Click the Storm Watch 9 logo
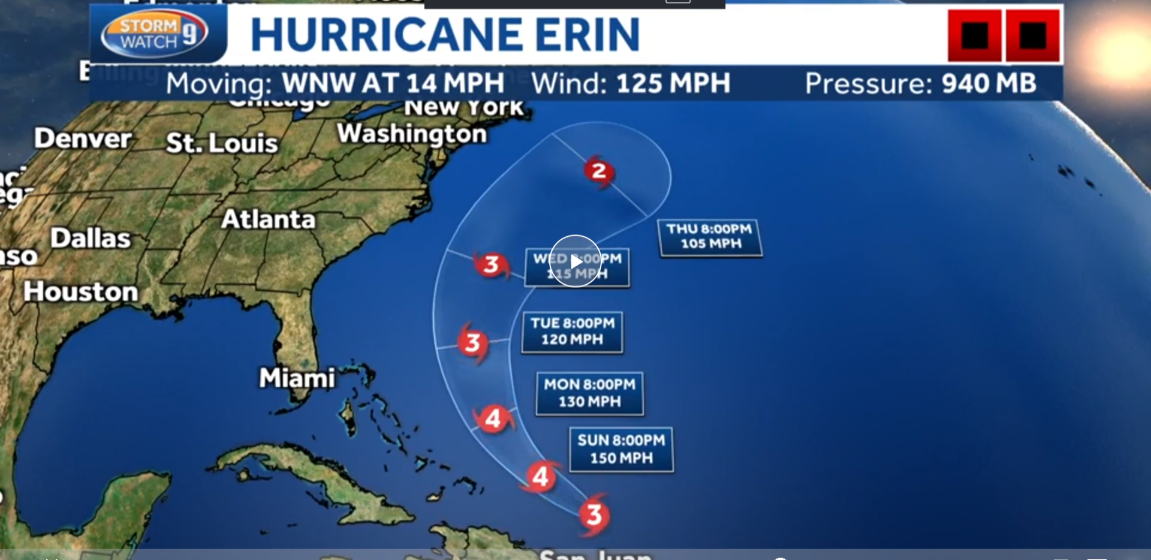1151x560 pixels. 155,34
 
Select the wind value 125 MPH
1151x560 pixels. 673,83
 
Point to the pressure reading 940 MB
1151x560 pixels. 989,83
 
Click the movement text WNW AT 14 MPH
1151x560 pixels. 393,83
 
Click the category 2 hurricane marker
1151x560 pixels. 598,171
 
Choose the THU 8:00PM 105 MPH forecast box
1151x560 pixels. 710,237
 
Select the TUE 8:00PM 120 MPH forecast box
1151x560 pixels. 572,332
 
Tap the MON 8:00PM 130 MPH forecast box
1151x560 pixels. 589,393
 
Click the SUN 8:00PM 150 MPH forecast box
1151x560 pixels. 621,449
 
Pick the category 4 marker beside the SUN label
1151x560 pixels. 541,477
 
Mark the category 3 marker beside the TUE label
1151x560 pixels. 473,343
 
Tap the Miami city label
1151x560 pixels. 297,378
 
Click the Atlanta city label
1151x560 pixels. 268,219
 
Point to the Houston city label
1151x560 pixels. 81,292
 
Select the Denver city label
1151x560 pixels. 83,139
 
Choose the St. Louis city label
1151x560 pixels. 222,143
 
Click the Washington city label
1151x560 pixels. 412,134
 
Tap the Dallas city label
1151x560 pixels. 90,238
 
